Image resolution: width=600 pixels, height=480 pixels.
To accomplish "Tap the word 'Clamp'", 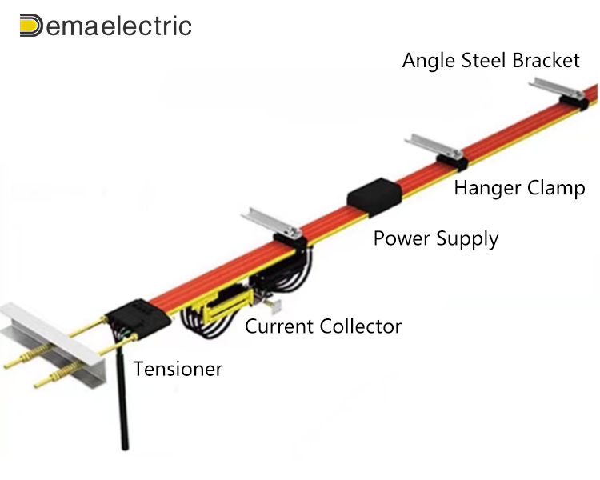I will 557,189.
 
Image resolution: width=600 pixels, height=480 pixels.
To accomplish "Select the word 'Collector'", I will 361,326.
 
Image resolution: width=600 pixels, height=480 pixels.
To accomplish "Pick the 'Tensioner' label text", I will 178,369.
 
